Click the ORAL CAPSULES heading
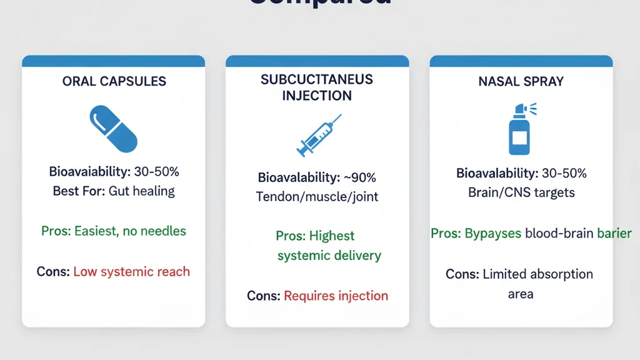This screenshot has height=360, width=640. [114, 81]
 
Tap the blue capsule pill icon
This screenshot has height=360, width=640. [114, 129]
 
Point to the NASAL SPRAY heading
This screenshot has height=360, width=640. [521, 81]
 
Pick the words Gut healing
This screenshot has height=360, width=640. [141, 191]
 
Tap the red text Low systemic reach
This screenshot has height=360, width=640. [131, 271]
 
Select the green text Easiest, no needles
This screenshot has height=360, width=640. [130, 231]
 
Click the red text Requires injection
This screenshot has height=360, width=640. [336, 295]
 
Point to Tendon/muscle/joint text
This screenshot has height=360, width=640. [317, 196]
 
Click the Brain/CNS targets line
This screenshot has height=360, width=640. [521, 192]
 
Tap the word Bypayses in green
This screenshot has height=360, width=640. [493, 233]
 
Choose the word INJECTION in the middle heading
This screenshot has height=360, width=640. [317, 96]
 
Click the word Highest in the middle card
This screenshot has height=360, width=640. [332, 236]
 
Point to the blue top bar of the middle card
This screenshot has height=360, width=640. [317, 61]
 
